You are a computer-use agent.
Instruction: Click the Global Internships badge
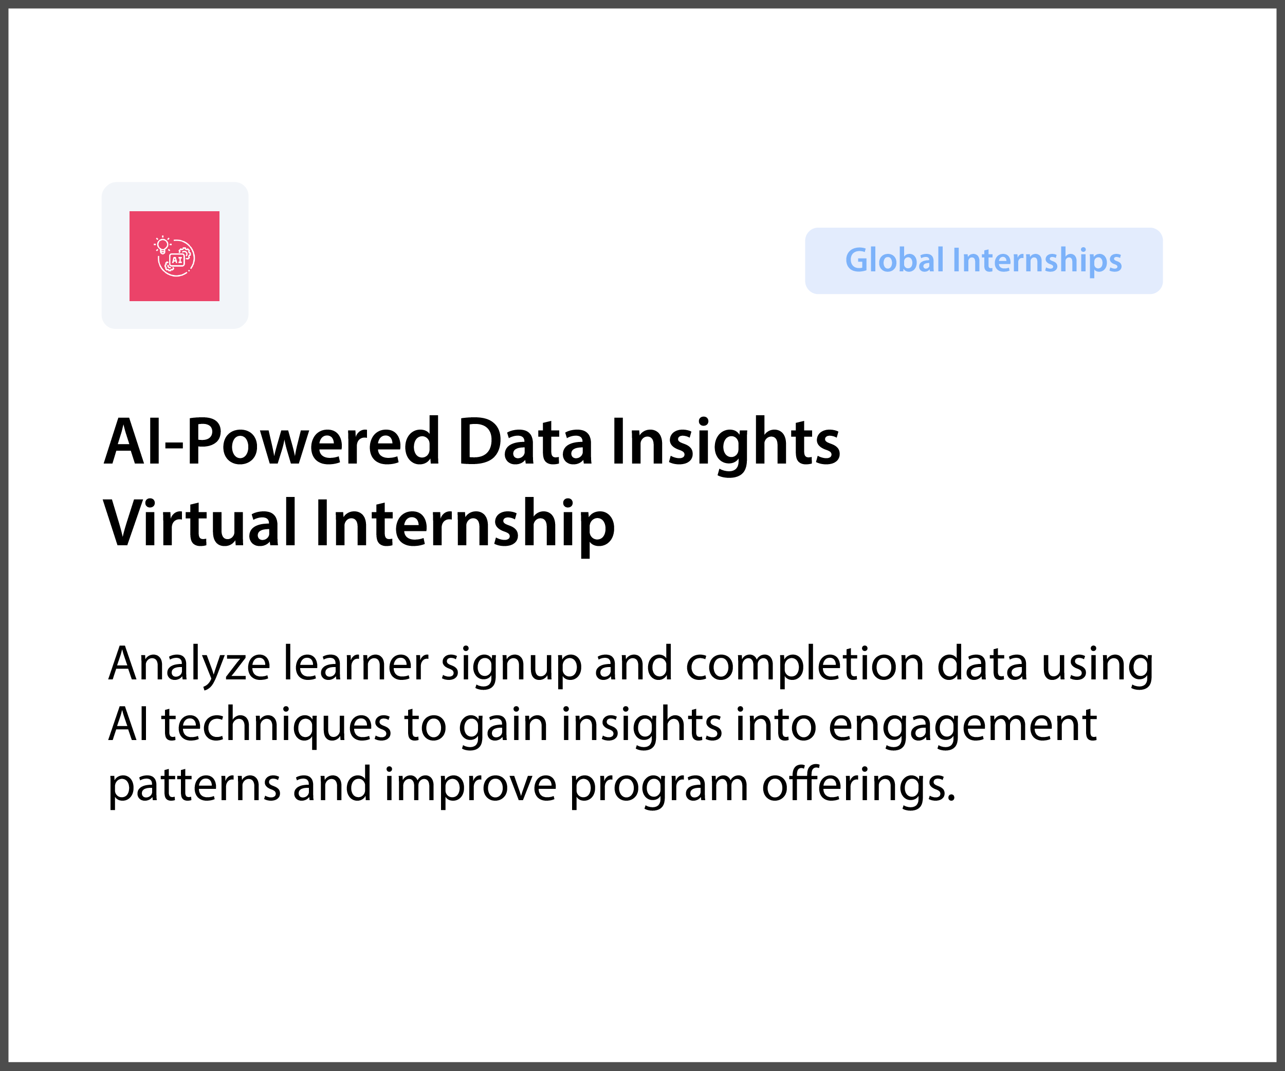[x=983, y=261]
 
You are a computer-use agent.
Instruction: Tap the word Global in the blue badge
[x=894, y=260]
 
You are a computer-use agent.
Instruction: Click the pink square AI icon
[x=174, y=255]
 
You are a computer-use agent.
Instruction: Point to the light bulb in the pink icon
[x=163, y=245]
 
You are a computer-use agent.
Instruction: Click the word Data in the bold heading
[x=525, y=441]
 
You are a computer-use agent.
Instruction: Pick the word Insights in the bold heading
[x=725, y=445]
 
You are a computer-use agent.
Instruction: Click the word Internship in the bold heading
[x=465, y=527]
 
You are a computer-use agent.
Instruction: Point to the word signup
[x=511, y=667]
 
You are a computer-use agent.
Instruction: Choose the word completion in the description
[x=804, y=666]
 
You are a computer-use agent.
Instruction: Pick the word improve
[x=470, y=788]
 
